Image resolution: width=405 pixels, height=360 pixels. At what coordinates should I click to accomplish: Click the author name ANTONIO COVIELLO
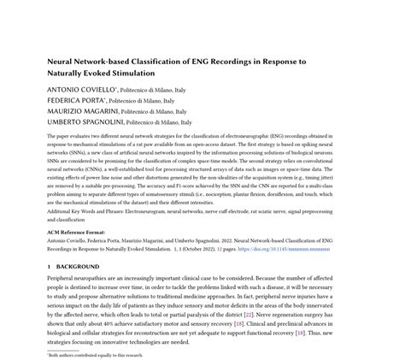76,90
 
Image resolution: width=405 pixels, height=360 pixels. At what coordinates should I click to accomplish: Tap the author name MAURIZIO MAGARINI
79,111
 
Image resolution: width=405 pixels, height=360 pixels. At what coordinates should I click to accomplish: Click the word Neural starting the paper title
60,62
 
